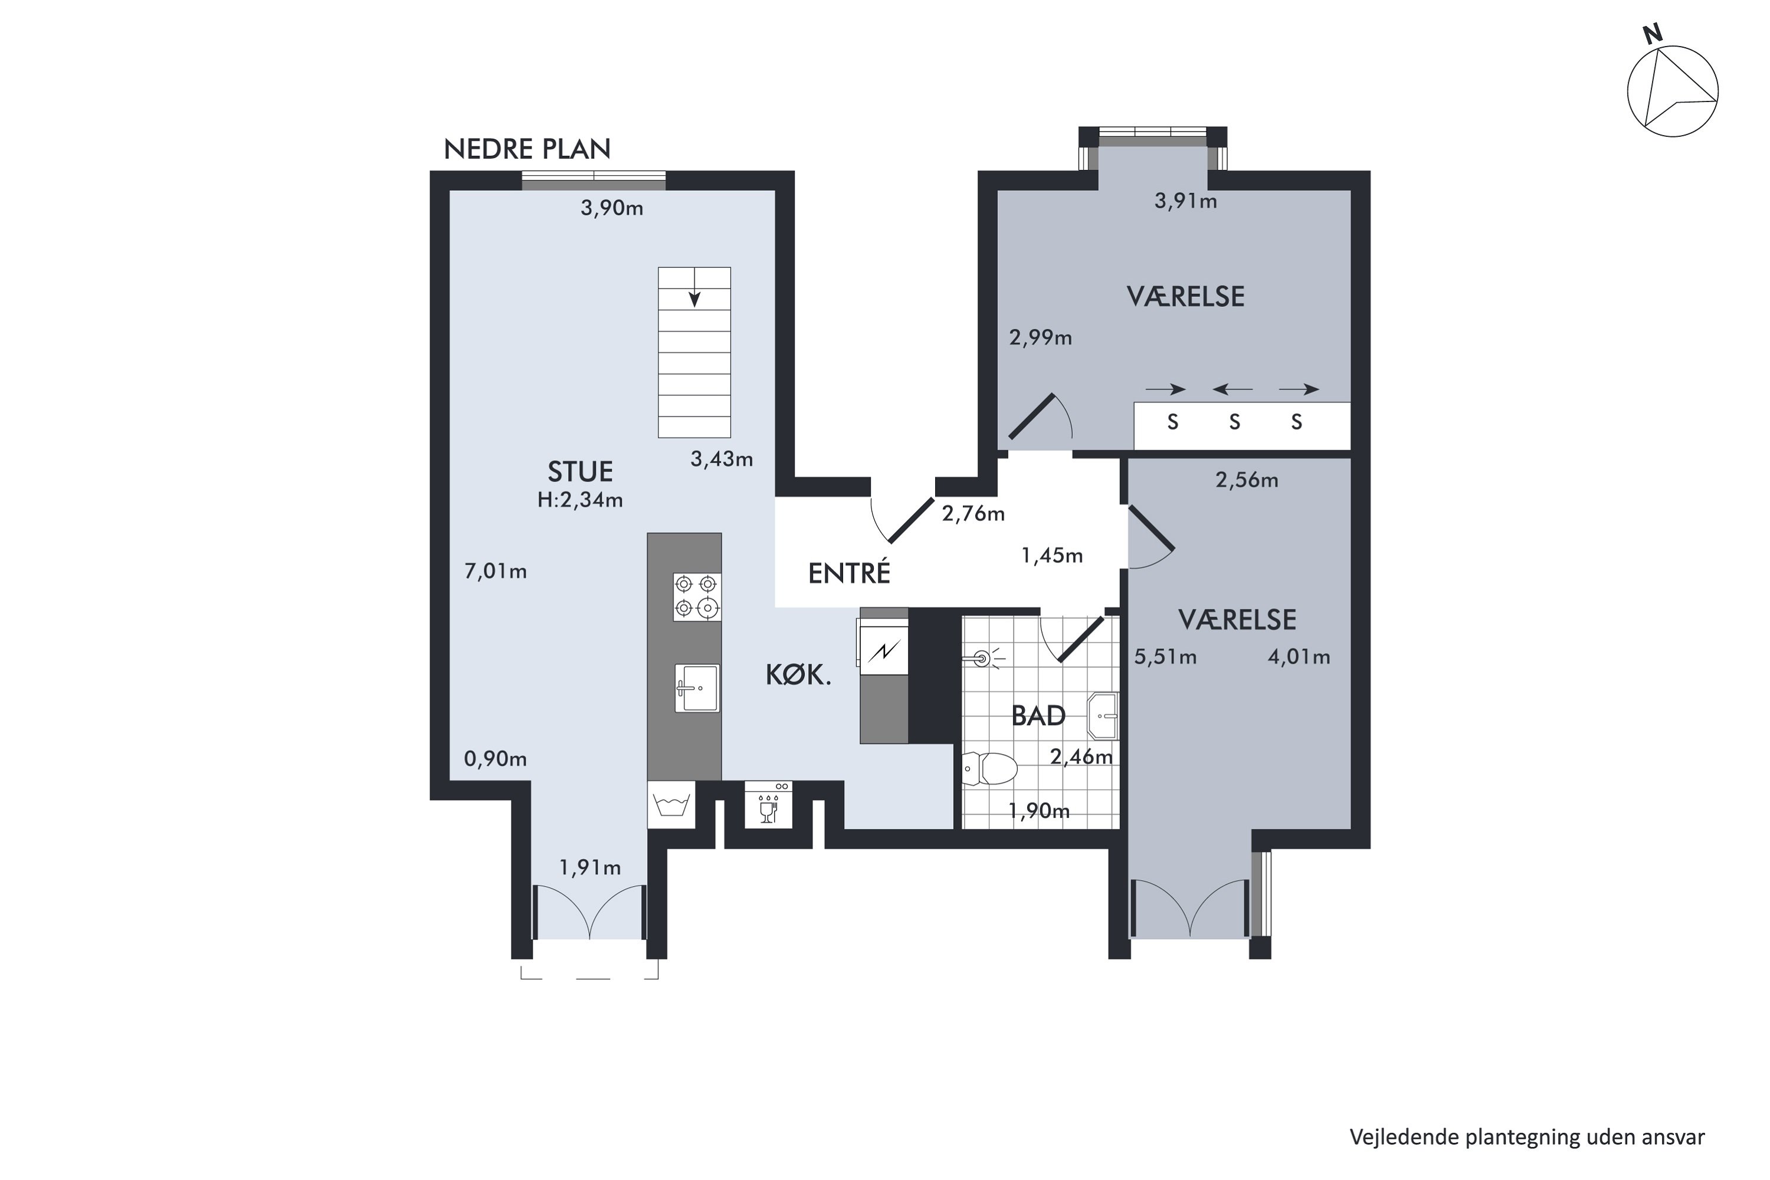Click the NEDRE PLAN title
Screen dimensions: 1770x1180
(527, 149)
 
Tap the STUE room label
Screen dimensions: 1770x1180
(579, 472)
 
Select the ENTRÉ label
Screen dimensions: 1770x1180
(849, 573)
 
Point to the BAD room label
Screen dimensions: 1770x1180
(1038, 716)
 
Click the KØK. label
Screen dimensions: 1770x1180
(798, 675)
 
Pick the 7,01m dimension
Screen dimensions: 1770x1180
(495, 572)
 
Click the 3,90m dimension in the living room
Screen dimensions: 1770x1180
(611, 208)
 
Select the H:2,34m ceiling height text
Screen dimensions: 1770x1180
(579, 500)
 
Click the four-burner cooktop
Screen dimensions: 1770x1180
(697, 596)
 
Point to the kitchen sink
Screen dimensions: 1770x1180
(697, 688)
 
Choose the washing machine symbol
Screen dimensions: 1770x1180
(671, 805)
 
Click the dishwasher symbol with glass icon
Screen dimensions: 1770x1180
(768, 805)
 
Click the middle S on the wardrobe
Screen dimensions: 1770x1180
(1234, 422)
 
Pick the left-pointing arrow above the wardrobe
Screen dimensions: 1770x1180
(1233, 389)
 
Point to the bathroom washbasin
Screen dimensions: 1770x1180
(1103, 716)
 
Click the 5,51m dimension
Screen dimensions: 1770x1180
(1165, 658)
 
